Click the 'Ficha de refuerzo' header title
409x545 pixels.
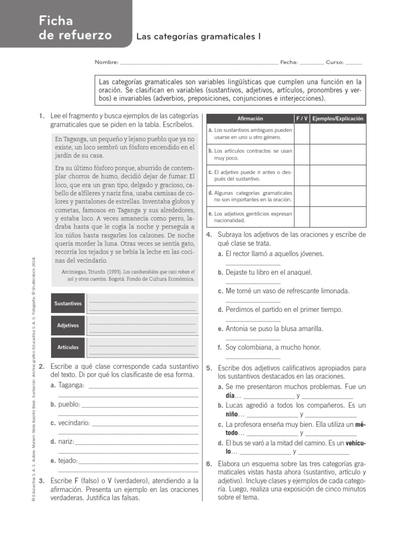click(x=75, y=28)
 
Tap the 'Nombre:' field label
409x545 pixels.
click(x=107, y=62)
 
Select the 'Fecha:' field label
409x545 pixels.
click(x=289, y=62)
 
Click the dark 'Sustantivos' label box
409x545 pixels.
click(x=68, y=303)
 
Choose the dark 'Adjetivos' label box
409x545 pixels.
click(x=68, y=325)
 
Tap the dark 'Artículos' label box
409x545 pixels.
click(x=68, y=347)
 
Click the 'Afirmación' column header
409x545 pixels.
click(x=250, y=119)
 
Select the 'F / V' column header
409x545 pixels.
click(x=301, y=119)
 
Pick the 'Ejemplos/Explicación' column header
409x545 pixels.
click(x=338, y=119)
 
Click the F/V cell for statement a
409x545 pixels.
click(x=301, y=134)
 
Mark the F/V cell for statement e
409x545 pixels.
click(x=301, y=217)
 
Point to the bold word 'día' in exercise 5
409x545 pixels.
click(x=231, y=396)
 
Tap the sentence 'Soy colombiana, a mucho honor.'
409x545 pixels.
click(x=273, y=347)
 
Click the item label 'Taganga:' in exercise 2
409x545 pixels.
click(x=71, y=385)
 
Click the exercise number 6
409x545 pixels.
click(x=209, y=464)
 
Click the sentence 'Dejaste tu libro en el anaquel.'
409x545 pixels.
click(x=268, y=272)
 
